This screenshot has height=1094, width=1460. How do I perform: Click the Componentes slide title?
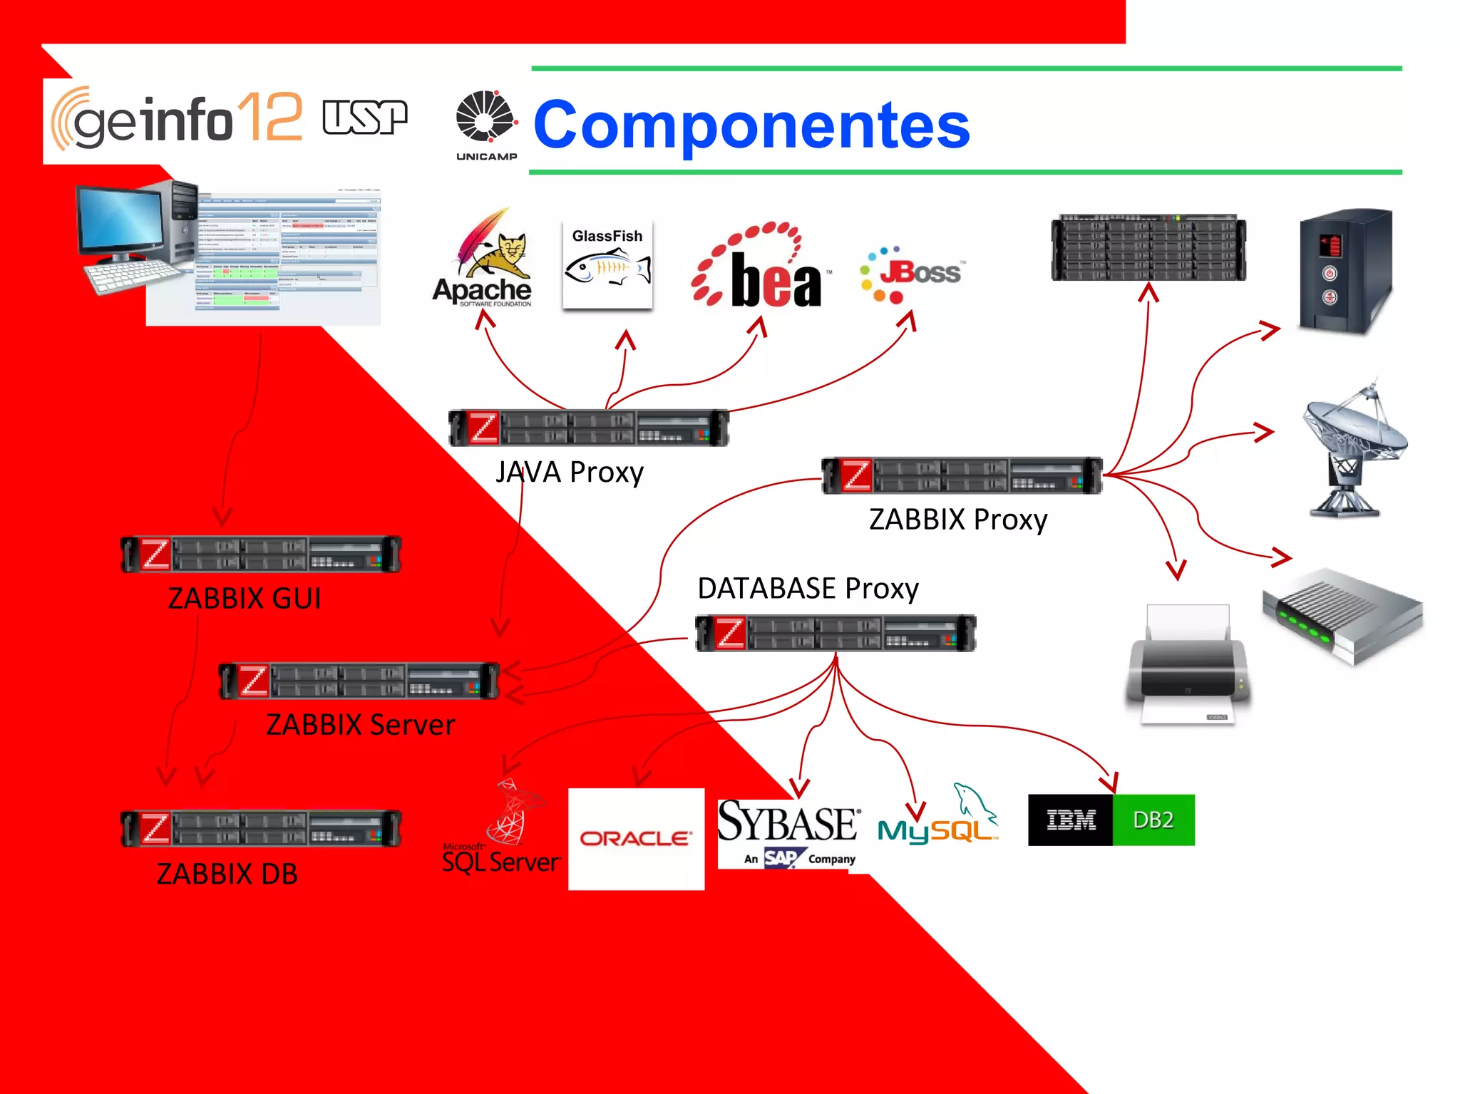click(x=751, y=125)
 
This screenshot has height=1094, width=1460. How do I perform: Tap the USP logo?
click(x=364, y=117)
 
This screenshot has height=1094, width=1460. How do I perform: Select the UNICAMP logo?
click(x=486, y=125)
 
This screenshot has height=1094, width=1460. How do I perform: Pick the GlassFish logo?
click(x=607, y=264)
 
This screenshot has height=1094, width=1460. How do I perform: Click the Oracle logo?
click(x=636, y=838)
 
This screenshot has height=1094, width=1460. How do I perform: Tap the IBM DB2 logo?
click(x=1111, y=820)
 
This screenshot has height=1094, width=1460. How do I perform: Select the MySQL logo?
click(x=937, y=820)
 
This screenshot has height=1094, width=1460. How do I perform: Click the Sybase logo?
click(x=788, y=830)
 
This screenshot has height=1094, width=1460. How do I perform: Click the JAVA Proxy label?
click(x=570, y=473)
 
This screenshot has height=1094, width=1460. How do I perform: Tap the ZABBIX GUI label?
click(x=245, y=598)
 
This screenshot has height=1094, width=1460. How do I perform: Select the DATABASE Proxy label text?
click(x=808, y=589)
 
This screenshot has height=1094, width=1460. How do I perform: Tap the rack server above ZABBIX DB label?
click(x=261, y=828)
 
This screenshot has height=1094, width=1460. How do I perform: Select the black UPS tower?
click(x=1344, y=271)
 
